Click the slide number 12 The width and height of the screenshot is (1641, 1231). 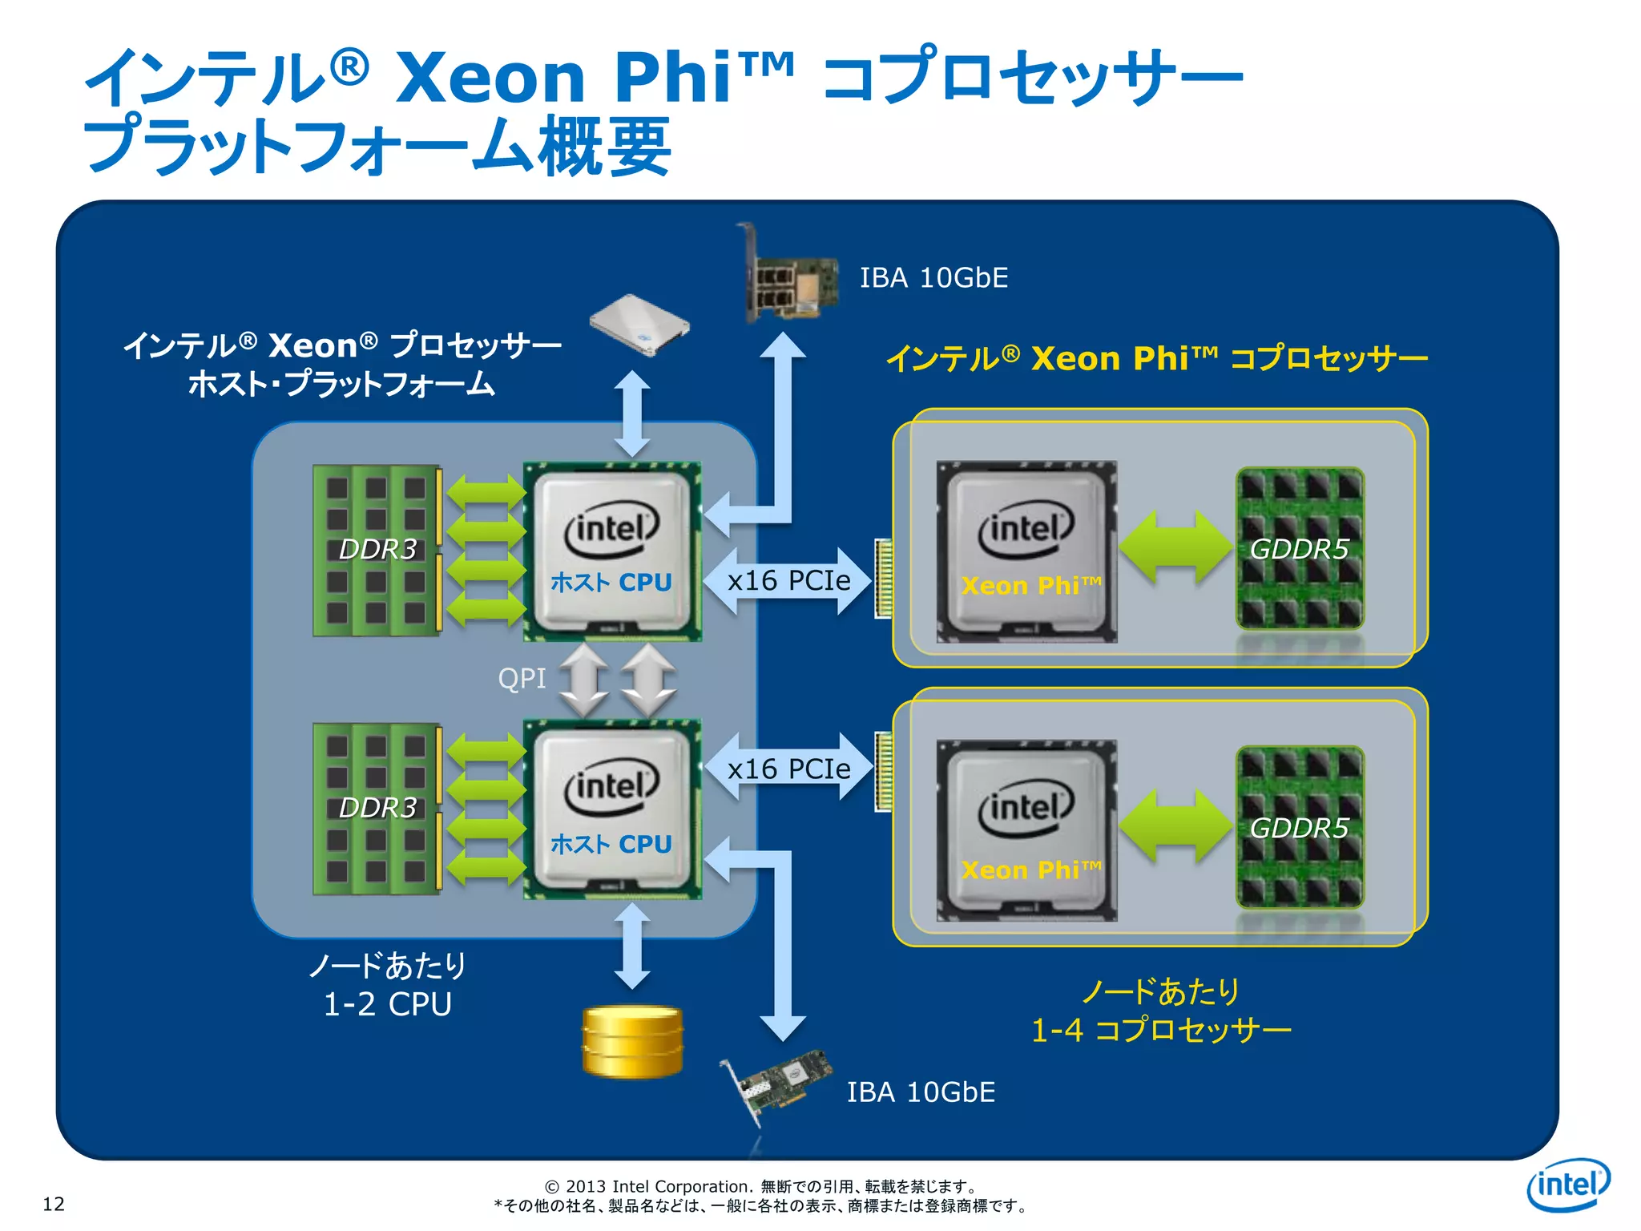(x=54, y=1203)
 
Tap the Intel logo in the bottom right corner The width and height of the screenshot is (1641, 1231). (x=1567, y=1184)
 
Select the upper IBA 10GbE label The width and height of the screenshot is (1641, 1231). (x=933, y=278)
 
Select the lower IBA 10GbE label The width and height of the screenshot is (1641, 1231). (x=921, y=1092)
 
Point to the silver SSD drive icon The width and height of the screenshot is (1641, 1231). (x=639, y=324)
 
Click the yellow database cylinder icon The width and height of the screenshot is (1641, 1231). (x=632, y=1041)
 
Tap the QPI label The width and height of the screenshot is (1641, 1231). (x=522, y=679)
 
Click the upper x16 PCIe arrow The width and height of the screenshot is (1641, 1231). (x=788, y=581)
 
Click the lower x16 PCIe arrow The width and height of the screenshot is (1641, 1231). (x=788, y=769)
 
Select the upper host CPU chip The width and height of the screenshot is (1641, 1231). (x=612, y=551)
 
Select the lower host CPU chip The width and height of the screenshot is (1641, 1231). (x=612, y=809)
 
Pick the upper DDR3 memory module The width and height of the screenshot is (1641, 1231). (x=377, y=551)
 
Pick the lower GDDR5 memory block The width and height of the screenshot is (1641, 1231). (x=1299, y=828)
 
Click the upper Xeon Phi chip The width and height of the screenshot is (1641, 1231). (x=1026, y=551)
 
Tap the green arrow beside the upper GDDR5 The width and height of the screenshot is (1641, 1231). (x=1175, y=547)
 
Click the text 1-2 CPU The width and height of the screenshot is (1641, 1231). (x=388, y=1004)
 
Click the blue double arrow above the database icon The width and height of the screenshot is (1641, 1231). (x=632, y=946)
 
